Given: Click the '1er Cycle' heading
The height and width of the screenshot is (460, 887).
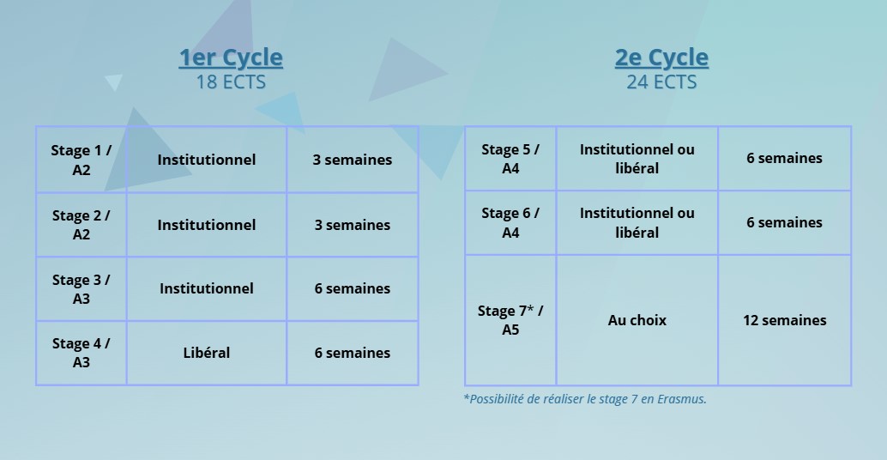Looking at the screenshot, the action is tap(231, 57).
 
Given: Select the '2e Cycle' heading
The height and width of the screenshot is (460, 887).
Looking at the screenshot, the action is tap(661, 57).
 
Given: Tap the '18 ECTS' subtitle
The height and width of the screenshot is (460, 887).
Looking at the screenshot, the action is tap(231, 82).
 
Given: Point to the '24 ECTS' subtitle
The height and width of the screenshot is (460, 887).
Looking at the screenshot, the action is tap(661, 82).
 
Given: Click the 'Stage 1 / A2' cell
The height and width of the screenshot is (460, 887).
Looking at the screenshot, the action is tap(81, 160).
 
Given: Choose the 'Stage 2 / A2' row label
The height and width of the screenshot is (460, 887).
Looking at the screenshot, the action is tap(81, 225).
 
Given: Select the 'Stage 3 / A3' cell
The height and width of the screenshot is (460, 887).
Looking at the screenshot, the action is tap(81, 289).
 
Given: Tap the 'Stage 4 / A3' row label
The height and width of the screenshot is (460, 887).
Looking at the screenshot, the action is tap(81, 353).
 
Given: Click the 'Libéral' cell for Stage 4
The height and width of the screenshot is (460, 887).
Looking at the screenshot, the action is tap(207, 353).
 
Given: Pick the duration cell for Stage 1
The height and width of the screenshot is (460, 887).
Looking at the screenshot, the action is tap(353, 160).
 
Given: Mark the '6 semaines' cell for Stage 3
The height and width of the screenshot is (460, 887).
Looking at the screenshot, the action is tap(353, 288).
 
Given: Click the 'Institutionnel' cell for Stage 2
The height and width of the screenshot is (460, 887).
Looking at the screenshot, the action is tap(207, 225).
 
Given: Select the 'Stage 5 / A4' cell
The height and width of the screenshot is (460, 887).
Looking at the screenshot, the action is tap(510, 159).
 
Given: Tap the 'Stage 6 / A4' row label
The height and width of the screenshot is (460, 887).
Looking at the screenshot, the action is tap(510, 222).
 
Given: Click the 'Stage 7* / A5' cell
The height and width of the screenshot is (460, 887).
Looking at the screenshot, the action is tap(510, 320).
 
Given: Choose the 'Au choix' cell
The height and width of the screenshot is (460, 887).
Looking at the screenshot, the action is tap(637, 320).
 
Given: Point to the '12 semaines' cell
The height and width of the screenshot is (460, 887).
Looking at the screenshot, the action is tap(785, 320).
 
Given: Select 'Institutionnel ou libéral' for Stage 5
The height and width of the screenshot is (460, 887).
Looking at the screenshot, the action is tap(637, 159).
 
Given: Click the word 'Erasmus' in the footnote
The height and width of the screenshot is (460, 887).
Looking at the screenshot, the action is tap(682, 399).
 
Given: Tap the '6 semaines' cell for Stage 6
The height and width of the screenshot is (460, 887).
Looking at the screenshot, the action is tap(785, 222).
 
